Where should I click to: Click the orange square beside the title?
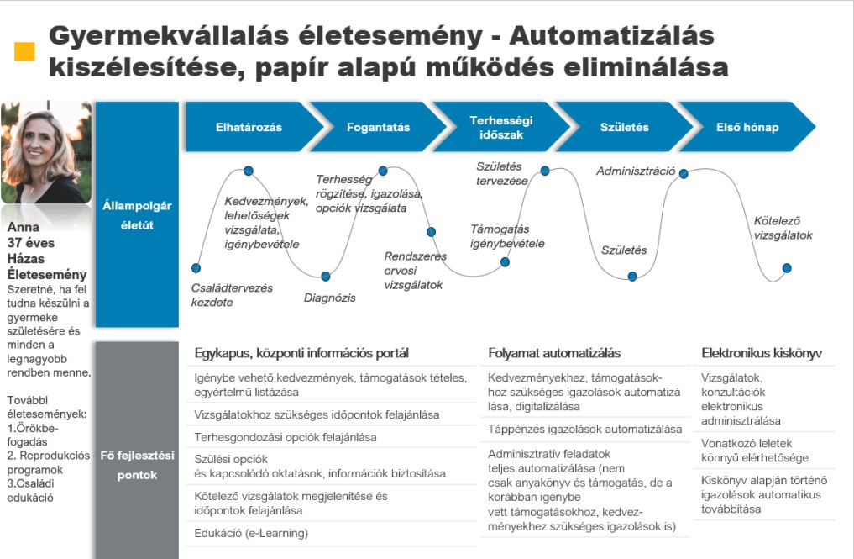tap(25, 52)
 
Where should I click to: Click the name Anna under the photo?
tap(24, 227)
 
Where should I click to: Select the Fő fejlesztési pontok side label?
tap(137, 465)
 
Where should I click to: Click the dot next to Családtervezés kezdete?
tap(196, 268)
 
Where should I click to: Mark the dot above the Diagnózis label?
tap(326, 276)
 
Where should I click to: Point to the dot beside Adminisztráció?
tap(684, 174)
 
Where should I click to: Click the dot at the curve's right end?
tap(787, 268)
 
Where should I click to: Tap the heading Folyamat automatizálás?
tap(554, 353)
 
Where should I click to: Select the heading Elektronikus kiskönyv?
tap(761, 353)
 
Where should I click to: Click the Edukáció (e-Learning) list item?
tap(251, 533)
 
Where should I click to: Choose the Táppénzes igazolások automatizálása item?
tap(584, 429)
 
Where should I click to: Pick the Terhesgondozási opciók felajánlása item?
tap(285, 437)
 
